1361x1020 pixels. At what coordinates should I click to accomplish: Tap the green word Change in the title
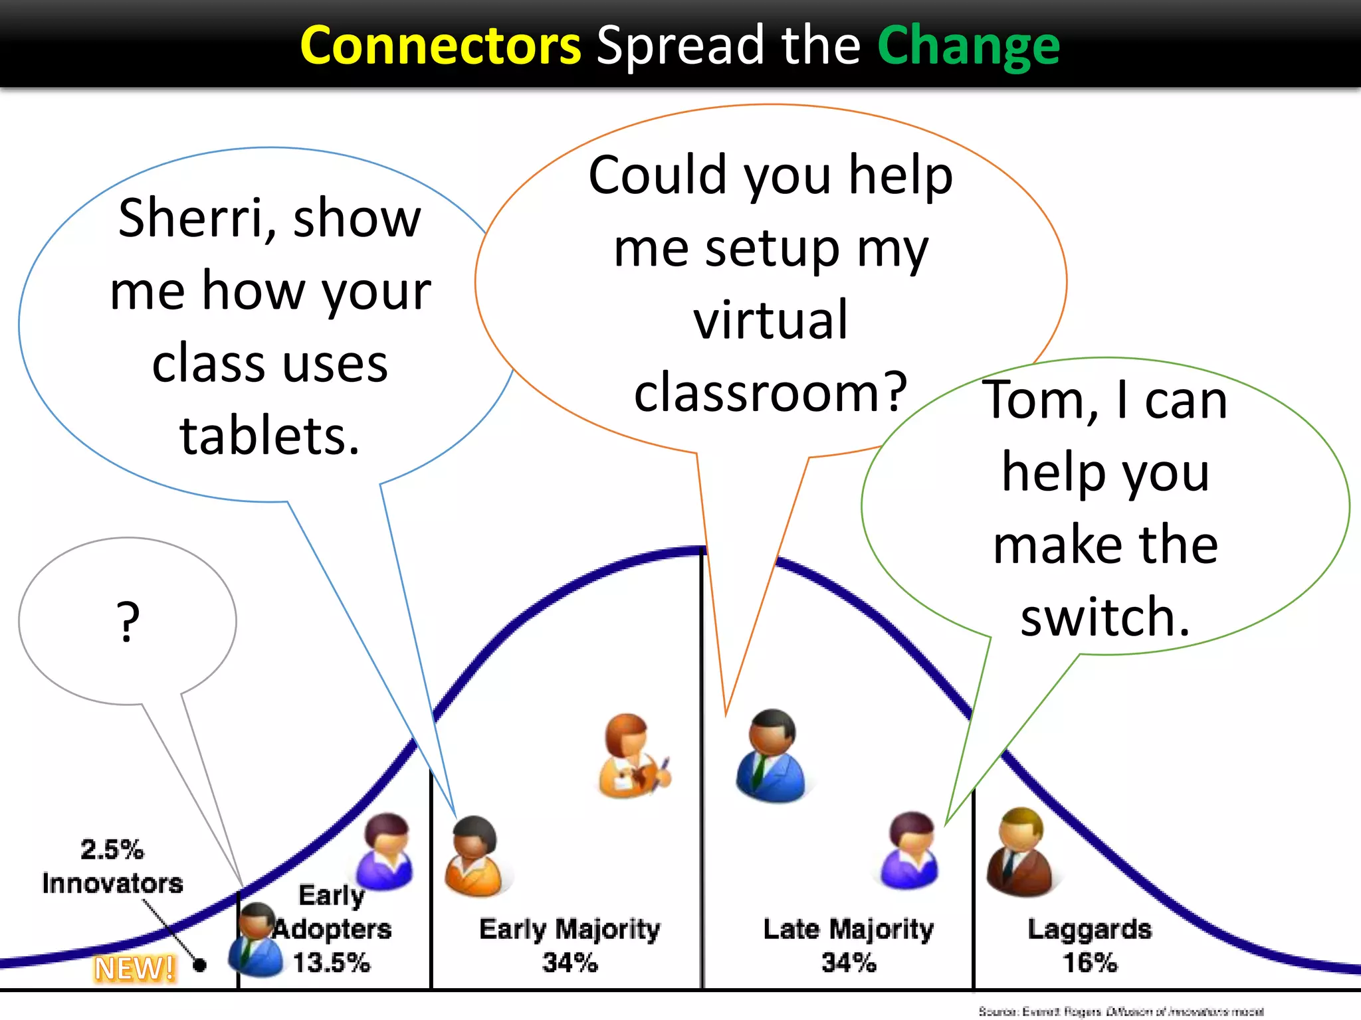968,46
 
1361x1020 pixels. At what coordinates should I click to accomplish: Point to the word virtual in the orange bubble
771,320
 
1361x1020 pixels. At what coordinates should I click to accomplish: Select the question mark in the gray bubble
128,622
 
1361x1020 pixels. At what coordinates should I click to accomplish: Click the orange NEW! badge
135,968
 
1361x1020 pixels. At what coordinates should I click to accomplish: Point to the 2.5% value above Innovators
112,850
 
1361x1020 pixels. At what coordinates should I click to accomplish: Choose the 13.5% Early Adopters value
331,963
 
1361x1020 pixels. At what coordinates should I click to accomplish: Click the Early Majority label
570,929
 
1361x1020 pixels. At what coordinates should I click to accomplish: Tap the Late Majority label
849,929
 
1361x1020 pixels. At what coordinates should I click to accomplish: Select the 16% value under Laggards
1090,963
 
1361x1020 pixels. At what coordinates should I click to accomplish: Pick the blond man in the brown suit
1019,853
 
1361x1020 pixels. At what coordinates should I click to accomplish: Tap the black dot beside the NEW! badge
199,965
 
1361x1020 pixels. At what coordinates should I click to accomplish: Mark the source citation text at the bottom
1120,1011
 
